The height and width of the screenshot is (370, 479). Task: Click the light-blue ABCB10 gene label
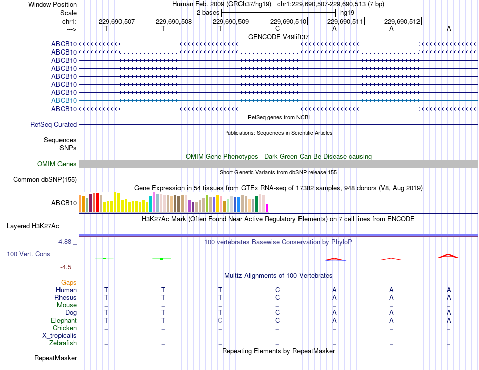[64, 100]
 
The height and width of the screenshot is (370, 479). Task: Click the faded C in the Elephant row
[220, 320]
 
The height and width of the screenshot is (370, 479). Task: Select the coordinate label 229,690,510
[288, 21]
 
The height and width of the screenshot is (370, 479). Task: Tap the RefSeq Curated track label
[53, 125]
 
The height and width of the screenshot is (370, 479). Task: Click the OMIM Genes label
[57, 164]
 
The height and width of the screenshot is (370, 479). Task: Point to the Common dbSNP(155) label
[45, 180]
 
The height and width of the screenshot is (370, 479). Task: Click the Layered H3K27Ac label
[33, 226]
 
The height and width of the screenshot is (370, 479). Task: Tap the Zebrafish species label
[63, 343]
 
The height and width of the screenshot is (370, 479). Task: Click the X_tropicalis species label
[59, 336]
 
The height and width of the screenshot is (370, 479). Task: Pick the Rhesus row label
[66, 297]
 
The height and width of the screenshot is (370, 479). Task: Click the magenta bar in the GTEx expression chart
[267, 208]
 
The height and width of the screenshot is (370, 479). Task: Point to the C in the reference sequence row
[277, 28]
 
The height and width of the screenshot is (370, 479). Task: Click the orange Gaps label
[69, 283]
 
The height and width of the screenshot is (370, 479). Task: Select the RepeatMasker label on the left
[55, 358]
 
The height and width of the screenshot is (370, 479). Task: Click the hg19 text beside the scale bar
[347, 13]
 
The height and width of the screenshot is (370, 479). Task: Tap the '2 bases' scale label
[208, 13]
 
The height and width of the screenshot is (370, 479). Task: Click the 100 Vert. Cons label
[28, 254]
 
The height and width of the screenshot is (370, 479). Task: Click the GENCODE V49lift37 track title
[278, 37]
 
